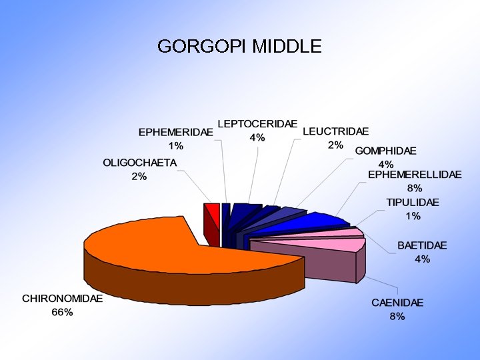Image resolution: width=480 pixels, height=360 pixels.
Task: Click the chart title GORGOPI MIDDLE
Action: click(x=239, y=46)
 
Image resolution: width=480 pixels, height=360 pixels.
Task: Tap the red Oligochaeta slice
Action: click(x=213, y=212)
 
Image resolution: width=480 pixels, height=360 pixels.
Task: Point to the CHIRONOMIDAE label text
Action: click(x=62, y=299)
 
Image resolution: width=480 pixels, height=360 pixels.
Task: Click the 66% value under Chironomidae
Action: click(x=62, y=313)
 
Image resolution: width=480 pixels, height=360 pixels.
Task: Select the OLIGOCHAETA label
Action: click(x=139, y=163)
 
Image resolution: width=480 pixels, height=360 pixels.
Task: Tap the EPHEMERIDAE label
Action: click(x=175, y=132)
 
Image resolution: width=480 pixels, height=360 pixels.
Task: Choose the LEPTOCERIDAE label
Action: click(x=257, y=124)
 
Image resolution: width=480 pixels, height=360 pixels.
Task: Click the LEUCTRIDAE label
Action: click(x=335, y=131)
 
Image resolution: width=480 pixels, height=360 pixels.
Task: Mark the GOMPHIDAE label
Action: click(x=385, y=151)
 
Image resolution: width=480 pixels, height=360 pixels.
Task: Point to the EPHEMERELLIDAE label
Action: click(x=415, y=175)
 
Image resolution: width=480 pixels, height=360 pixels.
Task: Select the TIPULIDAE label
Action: click(x=413, y=202)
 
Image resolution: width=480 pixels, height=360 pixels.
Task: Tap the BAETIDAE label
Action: click(x=422, y=245)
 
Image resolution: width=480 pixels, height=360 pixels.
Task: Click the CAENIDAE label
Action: click(x=397, y=303)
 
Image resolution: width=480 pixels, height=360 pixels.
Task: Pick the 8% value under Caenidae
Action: click(x=397, y=317)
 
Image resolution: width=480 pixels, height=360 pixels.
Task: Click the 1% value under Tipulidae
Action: click(x=413, y=216)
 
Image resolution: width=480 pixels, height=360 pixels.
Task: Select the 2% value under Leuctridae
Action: click(x=335, y=145)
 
